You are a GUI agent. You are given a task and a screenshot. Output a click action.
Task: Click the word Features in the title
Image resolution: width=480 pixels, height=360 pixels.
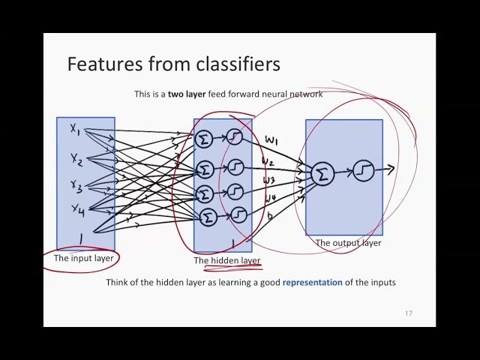point(101,64)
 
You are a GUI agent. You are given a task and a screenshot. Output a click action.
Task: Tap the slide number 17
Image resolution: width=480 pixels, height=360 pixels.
point(409,313)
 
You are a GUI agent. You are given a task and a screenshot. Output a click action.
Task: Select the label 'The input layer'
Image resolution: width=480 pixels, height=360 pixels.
point(83,258)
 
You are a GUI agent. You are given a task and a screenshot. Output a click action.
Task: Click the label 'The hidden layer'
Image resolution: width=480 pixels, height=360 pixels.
point(227,260)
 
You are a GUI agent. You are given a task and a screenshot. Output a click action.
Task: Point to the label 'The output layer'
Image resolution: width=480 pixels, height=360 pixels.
point(348,243)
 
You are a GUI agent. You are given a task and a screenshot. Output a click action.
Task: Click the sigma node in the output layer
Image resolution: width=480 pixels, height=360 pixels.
point(323,174)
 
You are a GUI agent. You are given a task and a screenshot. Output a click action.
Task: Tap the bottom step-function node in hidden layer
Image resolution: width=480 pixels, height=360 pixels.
point(238,215)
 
